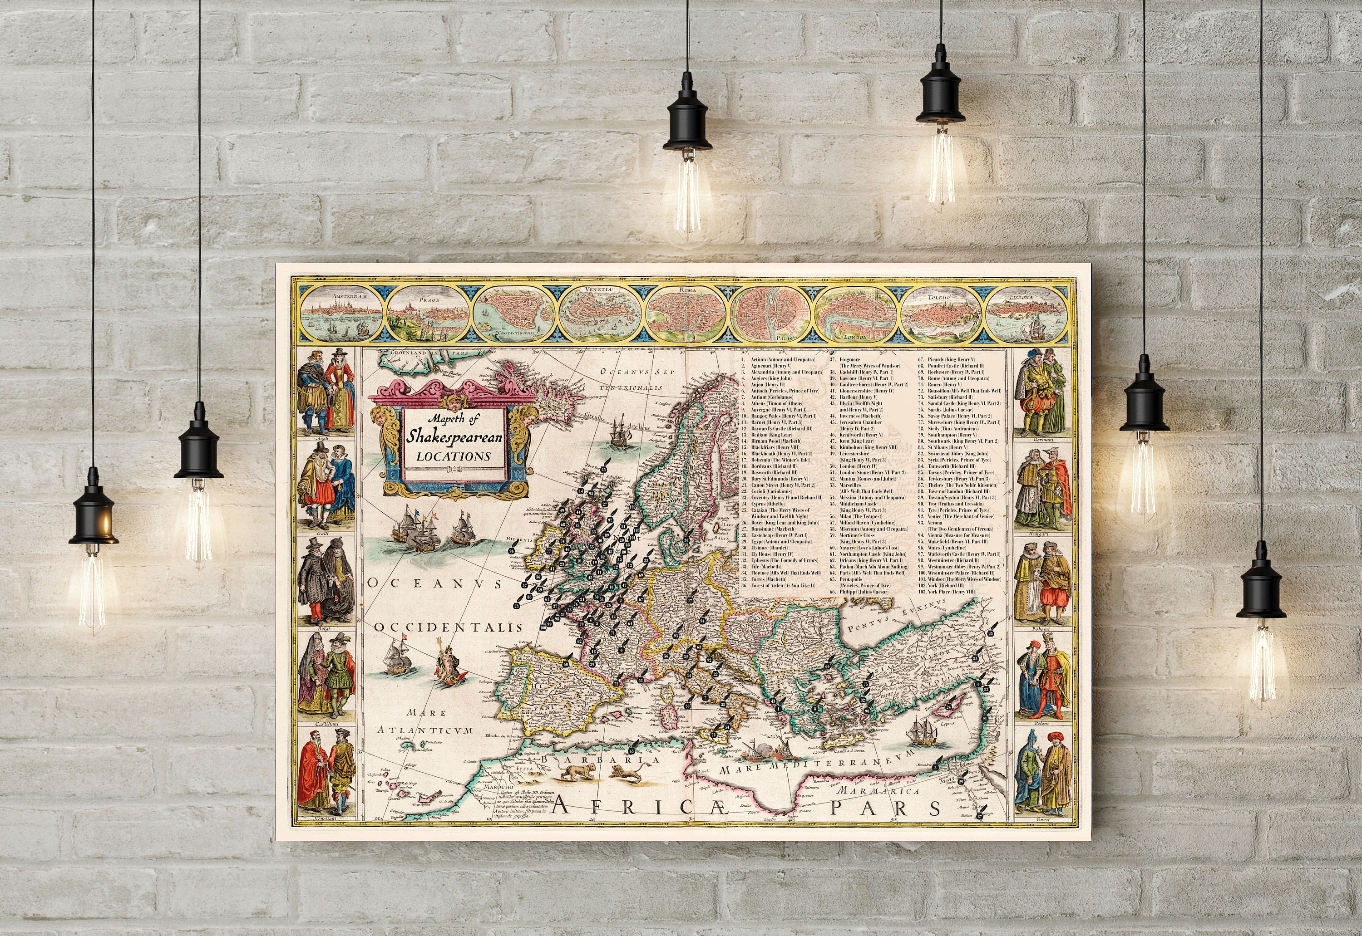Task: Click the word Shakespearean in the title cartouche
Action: (455, 437)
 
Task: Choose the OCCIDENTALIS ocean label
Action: (449, 627)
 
